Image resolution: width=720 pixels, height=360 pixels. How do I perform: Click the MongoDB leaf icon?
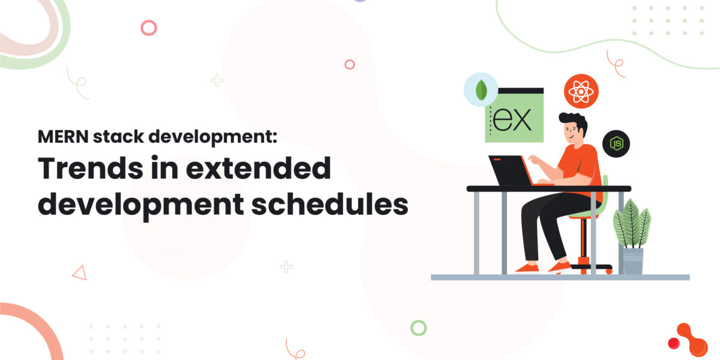click(481, 90)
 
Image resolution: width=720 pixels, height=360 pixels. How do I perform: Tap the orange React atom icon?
click(581, 91)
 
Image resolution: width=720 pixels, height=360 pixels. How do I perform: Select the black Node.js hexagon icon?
click(616, 144)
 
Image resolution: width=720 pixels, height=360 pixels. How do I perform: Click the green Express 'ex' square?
click(514, 117)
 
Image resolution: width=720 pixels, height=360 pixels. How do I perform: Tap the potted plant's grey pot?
click(632, 260)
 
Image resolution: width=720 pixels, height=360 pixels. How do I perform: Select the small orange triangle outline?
click(79, 273)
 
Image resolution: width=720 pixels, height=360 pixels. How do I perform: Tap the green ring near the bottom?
click(418, 328)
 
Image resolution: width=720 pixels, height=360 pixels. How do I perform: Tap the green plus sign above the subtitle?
click(217, 80)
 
